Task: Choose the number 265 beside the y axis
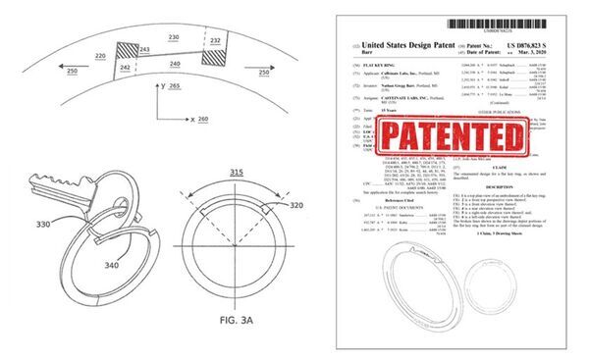pyautogui.click(x=176, y=88)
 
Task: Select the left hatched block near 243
pyautogui.click(x=129, y=56)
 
